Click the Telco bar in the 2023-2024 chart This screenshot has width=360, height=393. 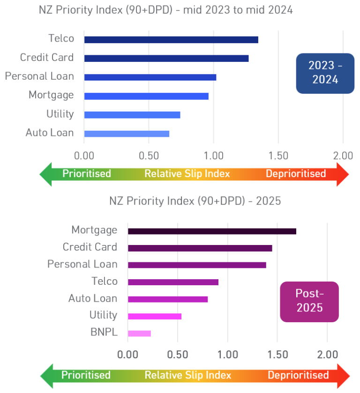171,40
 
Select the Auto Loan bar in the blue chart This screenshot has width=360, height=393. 127,134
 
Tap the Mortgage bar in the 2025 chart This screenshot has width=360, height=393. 212,231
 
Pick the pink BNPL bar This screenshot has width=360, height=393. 139,334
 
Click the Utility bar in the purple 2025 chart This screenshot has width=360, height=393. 155,316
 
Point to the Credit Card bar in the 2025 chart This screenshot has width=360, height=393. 200,248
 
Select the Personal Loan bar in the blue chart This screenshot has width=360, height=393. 150,77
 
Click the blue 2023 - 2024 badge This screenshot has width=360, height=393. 325,73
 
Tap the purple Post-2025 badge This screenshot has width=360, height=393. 309,302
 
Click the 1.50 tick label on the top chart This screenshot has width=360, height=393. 278,156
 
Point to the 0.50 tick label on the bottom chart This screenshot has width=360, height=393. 178,355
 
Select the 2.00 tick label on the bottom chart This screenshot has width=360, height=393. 327,355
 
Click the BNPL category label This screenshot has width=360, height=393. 104,332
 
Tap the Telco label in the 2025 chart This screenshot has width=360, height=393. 105,281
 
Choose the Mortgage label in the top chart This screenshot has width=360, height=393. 51,95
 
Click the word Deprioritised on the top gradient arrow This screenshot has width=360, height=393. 296,173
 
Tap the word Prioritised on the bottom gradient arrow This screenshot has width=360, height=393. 86,375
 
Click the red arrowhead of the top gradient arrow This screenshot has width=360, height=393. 343,174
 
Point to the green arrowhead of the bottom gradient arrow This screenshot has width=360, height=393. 47,376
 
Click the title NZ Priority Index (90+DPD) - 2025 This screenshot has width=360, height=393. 195,201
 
